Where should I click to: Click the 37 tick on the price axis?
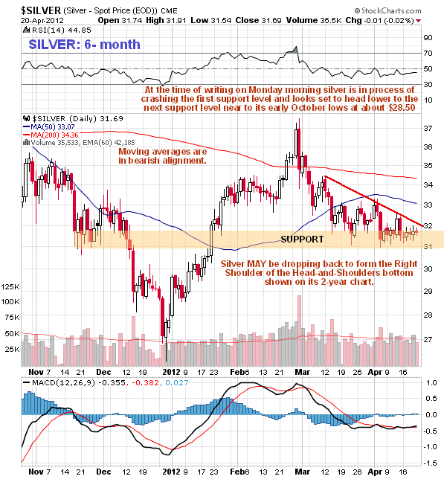pos(428,129)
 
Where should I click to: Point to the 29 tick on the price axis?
pos(428,292)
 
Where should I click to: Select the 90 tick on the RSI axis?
pos(428,36)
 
